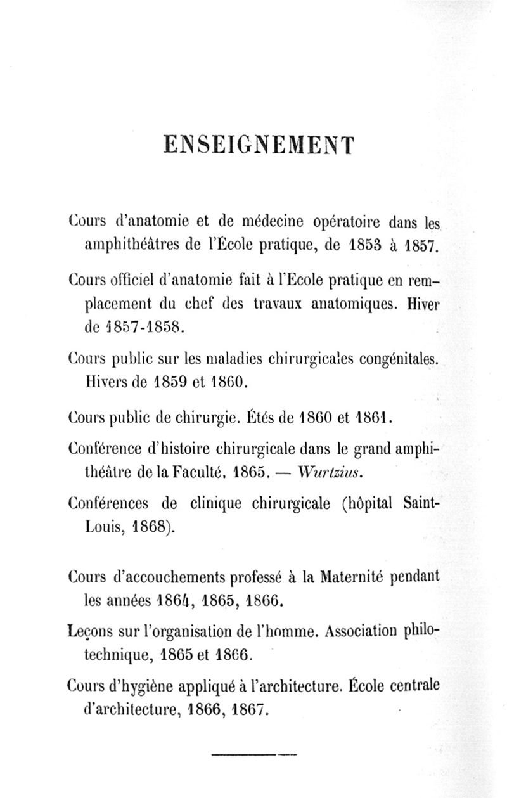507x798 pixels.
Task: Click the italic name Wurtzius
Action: (x=331, y=472)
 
